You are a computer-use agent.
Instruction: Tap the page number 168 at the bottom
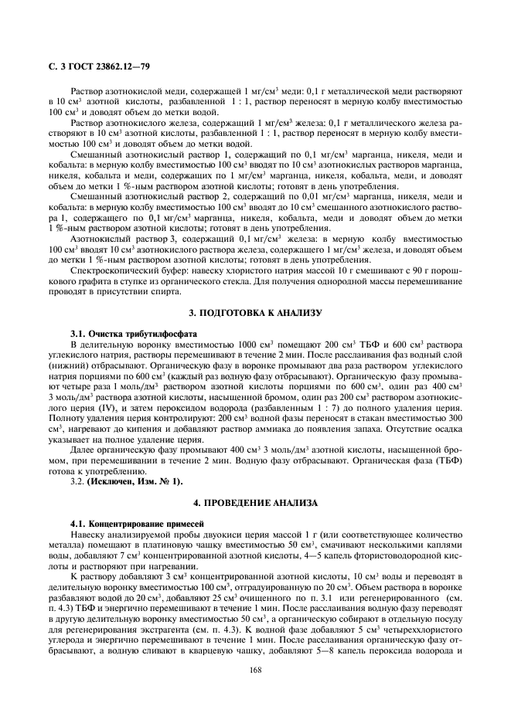[x=255, y=669]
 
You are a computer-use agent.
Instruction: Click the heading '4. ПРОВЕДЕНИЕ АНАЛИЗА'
[x=255, y=502]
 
